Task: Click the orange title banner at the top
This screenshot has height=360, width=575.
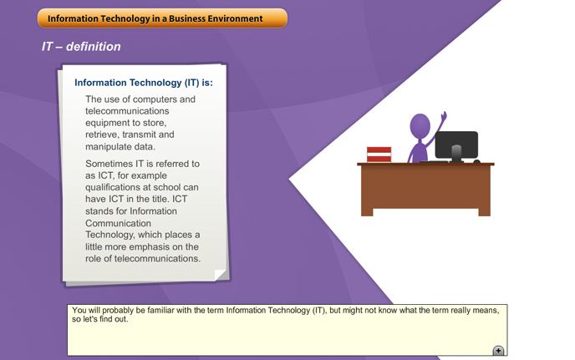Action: pyautogui.click(x=162, y=18)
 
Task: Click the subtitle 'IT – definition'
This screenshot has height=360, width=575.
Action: pyautogui.click(x=81, y=47)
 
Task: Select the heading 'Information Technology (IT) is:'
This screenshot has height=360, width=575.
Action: pyautogui.click(x=144, y=83)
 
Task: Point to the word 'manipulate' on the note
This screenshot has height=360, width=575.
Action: pyautogui.click(x=108, y=147)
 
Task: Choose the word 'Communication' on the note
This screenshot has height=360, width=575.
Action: pyautogui.click(x=118, y=223)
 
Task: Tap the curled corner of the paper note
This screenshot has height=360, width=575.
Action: pyautogui.click(x=220, y=275)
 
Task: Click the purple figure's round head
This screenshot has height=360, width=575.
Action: pyautogui.click(x=420, y=126)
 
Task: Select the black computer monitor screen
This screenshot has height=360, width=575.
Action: pyautogui.click(x=456, y=145)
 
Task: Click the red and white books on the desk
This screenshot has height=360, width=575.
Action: pyautogui.click(x=379, y=155)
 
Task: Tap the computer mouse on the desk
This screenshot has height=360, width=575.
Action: pyautogui.click(x=476, y=161)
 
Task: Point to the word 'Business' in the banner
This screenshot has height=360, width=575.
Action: pyautogui.click(x=187, y=18)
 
